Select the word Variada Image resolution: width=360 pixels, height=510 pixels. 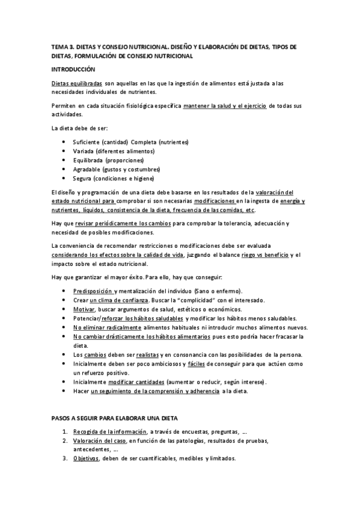coord(83,151)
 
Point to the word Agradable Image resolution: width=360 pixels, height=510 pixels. coord(87,170)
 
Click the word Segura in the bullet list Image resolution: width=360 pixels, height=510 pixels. coord(82,179)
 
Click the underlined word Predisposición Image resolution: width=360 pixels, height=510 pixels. coord(93,291)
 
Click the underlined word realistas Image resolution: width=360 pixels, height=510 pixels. coord(148,355)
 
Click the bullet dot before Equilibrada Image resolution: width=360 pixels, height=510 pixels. coord(64,161)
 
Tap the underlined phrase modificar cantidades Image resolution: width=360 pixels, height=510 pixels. coord(124,382)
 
